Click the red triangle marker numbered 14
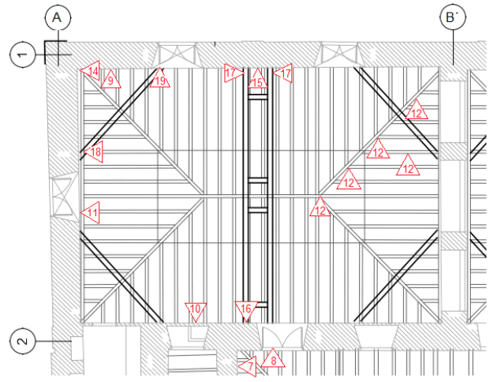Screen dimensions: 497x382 click(91, 72)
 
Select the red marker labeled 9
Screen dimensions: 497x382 click(110, 79)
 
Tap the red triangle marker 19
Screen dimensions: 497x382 click(160, 80)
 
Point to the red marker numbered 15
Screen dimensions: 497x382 click(256, 80)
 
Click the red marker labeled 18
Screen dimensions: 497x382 click(93, 152)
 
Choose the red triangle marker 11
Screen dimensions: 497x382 click(91, 212)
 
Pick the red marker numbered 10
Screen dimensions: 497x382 click(196, 310)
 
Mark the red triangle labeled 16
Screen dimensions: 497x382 click(246, 310)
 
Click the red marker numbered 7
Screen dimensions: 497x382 click(248, 366)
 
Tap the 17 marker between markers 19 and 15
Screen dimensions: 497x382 click(232, 73)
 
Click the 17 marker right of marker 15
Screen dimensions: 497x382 click(283, 73)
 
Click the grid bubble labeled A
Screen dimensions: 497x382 click(57, 17)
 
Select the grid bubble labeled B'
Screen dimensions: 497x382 click(453, 17)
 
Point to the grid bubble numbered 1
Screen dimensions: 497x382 click(22, 54)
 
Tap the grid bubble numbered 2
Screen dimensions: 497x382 click(22, 342)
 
